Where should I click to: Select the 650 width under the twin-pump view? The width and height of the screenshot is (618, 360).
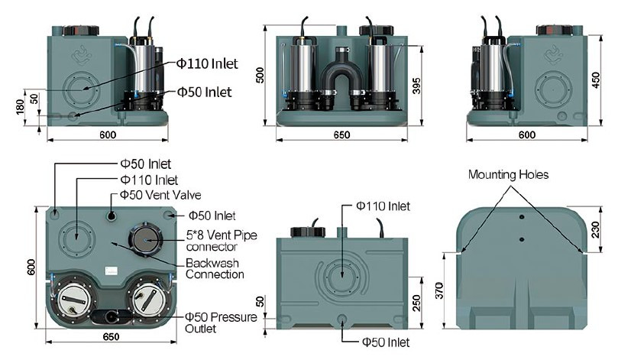pos(341,135)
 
